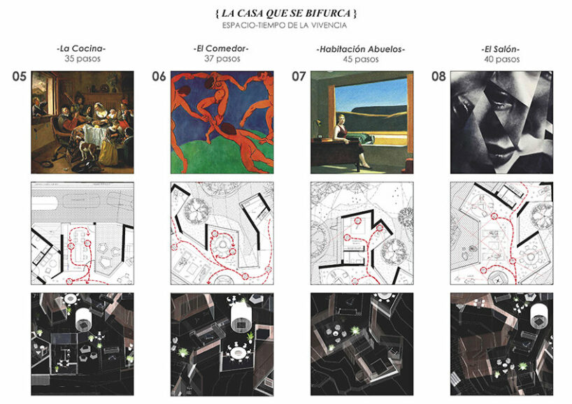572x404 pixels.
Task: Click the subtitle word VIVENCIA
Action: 329,26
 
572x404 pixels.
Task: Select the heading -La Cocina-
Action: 82,48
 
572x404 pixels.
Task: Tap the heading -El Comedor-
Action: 222,48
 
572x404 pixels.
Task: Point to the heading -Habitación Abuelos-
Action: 360,49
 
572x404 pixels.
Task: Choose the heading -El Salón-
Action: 501,49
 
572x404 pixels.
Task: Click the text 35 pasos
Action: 83,59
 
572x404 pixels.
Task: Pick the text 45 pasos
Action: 360,59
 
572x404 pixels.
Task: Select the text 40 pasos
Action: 501,59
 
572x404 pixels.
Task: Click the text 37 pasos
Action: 222,59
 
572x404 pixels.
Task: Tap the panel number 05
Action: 20,76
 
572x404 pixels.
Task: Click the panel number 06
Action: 159,76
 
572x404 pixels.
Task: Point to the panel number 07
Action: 299,76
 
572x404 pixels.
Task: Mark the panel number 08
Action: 438,76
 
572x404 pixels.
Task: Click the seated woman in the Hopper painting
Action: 347,140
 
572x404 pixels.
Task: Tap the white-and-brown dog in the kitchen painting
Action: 87,149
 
